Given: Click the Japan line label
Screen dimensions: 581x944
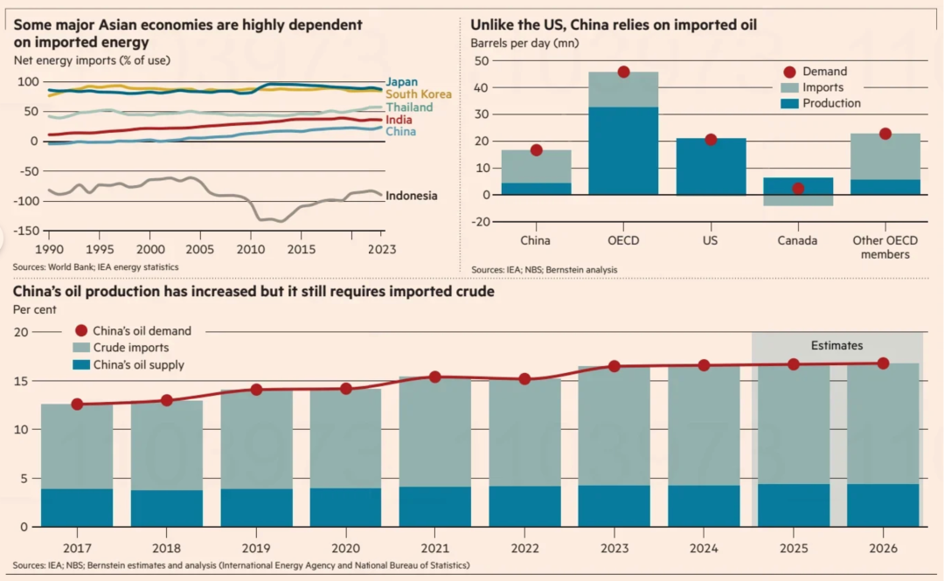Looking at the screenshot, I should pos(402,83).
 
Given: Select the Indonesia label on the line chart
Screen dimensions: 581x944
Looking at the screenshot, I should pos(411,196).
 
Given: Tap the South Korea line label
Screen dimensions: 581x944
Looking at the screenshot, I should pos(418,94).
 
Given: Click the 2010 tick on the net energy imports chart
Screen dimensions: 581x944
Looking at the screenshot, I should pos(250,249).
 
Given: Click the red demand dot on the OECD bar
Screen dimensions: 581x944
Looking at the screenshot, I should pos(623,72).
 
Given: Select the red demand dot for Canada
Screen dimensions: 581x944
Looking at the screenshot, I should pos(798,188).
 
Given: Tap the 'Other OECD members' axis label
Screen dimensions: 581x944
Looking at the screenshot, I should pos(885,247).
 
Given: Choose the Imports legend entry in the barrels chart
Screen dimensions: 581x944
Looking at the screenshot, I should pos(823,87).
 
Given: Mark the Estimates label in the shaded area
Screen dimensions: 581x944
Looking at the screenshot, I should pos(836,346).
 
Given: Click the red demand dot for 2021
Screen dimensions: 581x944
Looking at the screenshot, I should pos(434,377).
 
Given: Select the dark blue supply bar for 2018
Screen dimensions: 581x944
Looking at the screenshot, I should pos(167,508).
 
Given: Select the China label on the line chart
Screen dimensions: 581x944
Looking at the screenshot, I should pos(400,132).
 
